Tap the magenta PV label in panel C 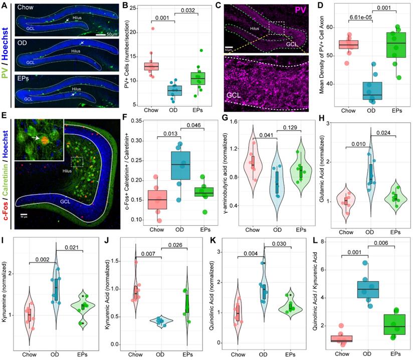click(305, 9)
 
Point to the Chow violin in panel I click(30, 315)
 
